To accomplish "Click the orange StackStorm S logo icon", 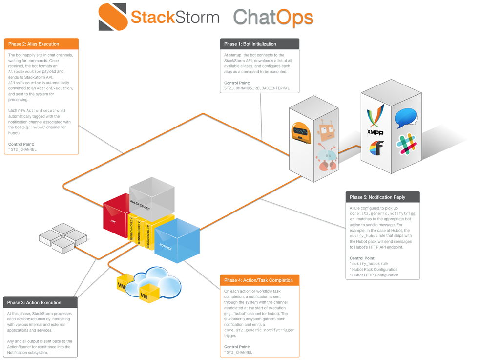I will [x=112, y=17].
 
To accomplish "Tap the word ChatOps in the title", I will [x=273, y=17].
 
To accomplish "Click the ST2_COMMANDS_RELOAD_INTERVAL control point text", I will [x=257, y=88].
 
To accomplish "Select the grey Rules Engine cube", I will [x=151, y=198].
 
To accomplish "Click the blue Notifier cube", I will [x=177, y=240].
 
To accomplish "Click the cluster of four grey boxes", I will [x=63, y=238].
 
